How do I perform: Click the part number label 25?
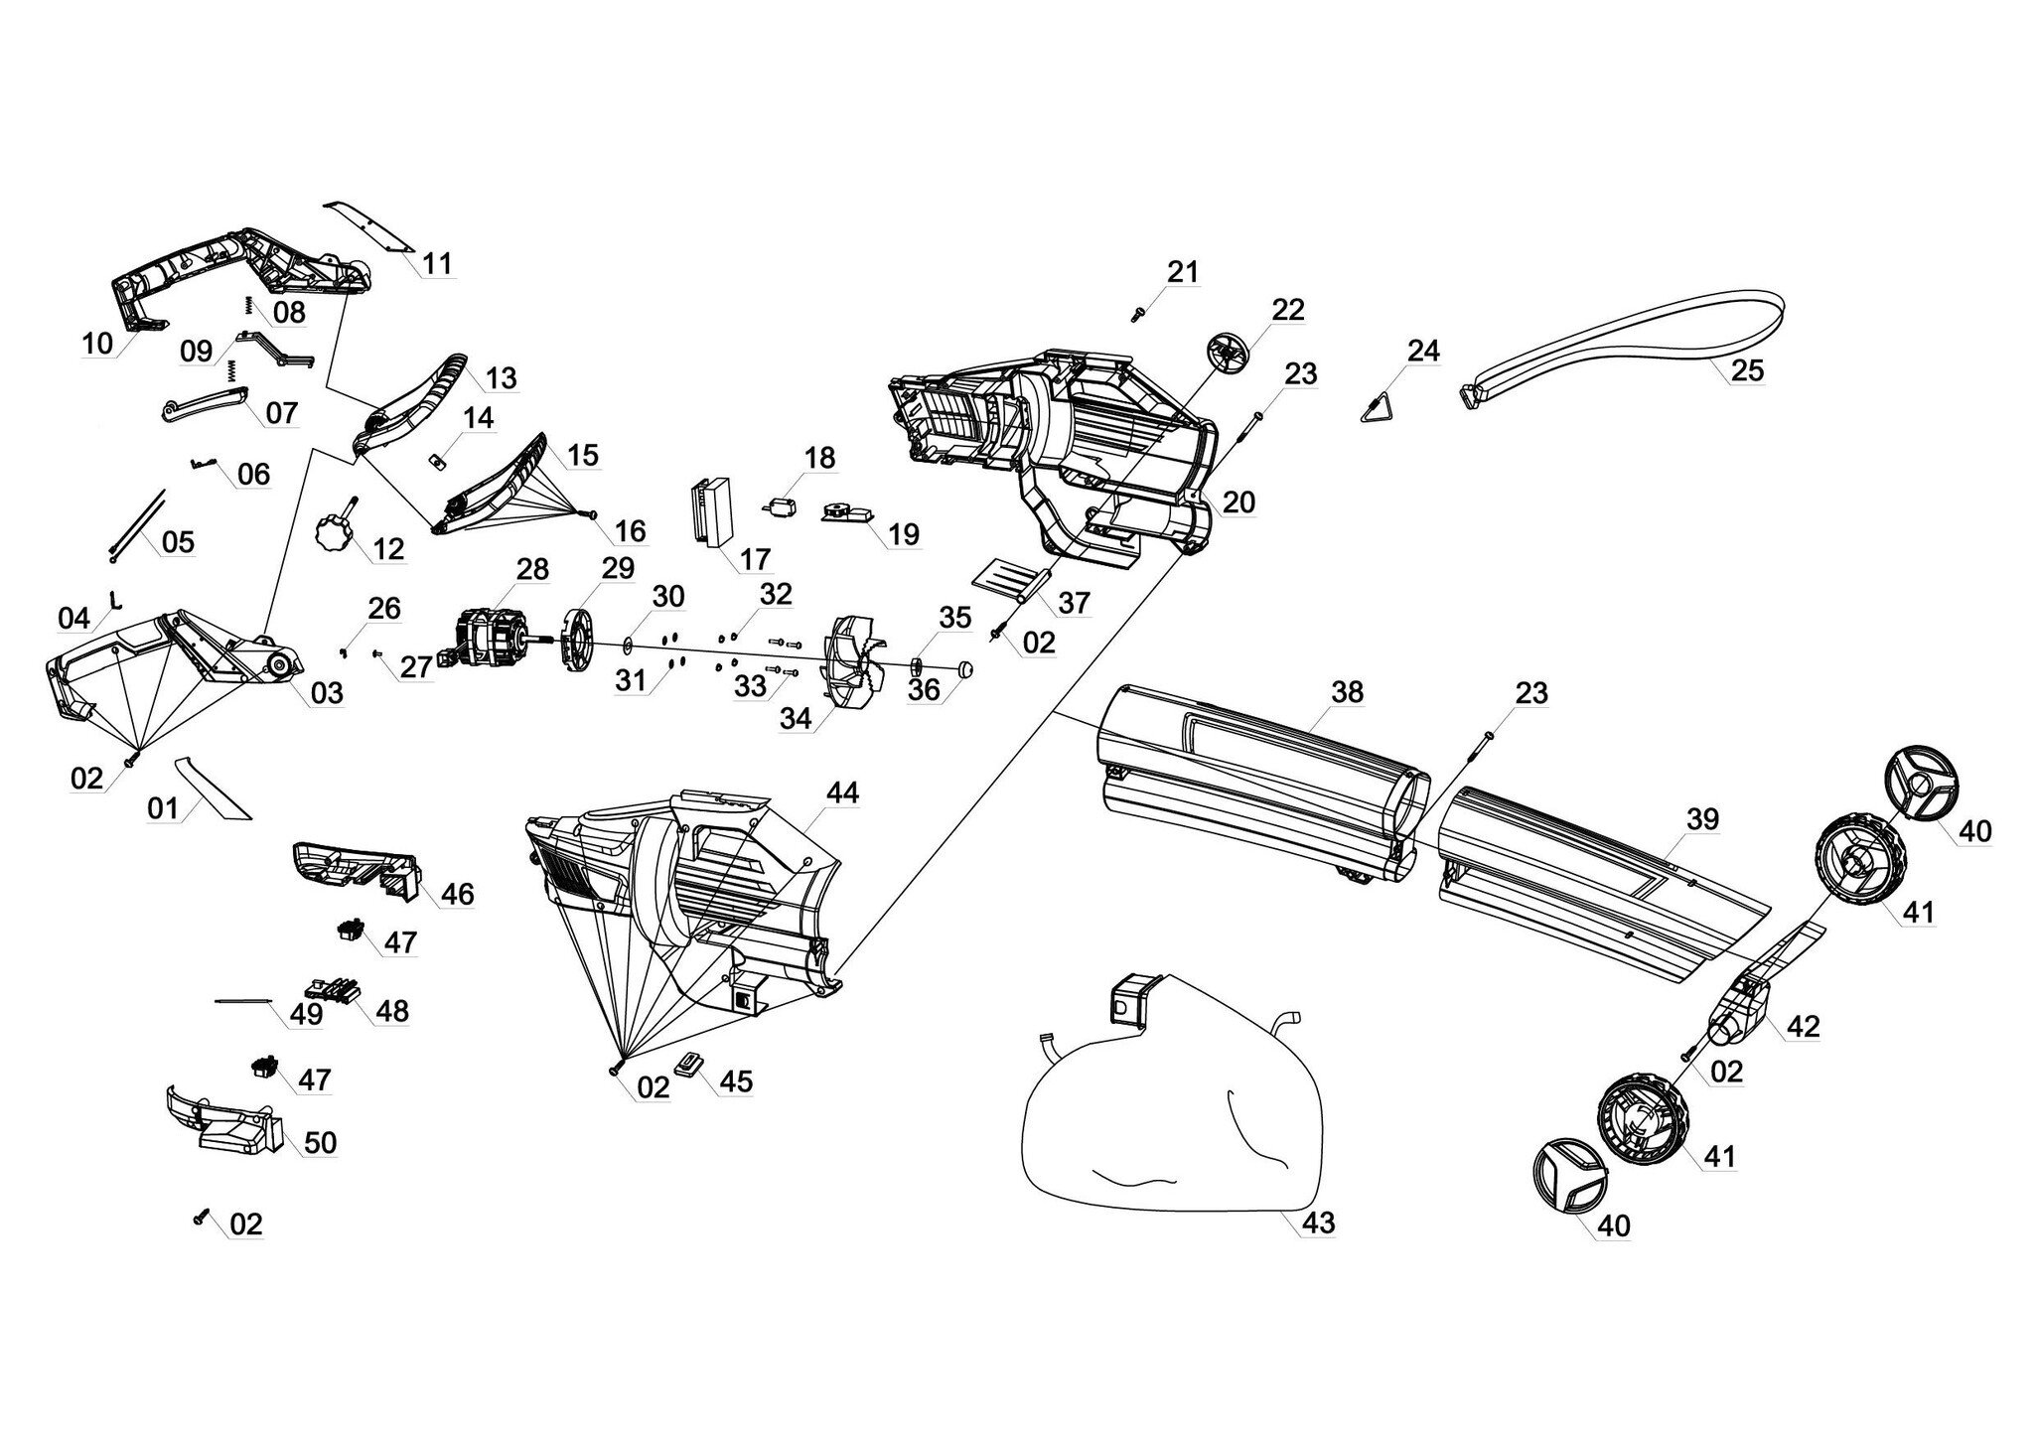pos(1747,369)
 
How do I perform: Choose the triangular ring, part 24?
pos(1383,407)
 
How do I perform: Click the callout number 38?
pos(1347,692)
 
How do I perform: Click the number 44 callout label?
pos(842,791)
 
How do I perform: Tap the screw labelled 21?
pos(1138,315)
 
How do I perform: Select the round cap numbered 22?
pos(1230,355)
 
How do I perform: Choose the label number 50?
pos(320,1143)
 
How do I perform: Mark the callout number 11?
pos(437,263)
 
